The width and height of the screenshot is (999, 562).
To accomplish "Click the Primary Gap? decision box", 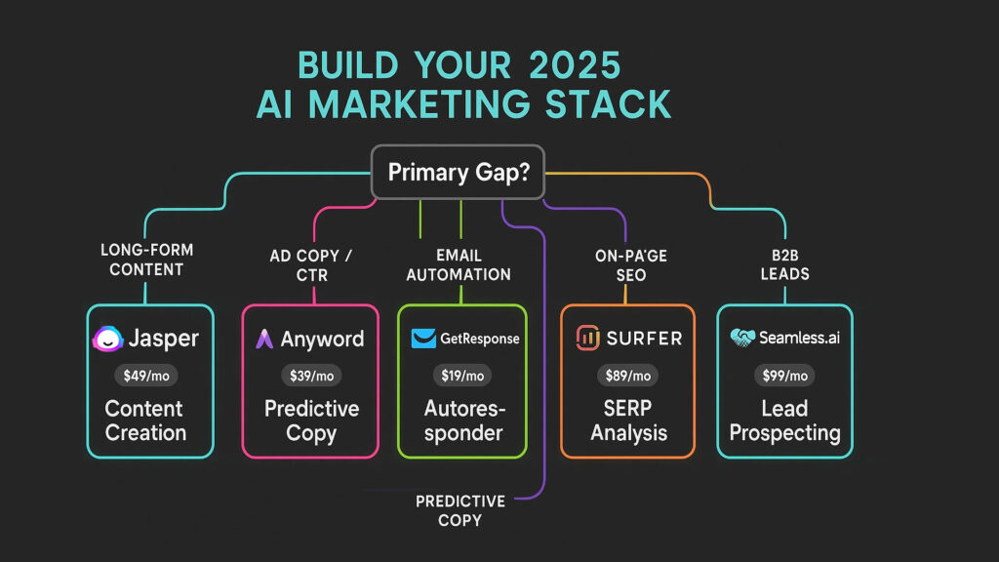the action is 458,172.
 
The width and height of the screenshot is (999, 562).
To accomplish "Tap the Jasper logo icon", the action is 107,339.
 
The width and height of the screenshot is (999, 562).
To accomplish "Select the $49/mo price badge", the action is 146,376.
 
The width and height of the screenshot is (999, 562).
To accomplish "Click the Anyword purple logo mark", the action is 264,339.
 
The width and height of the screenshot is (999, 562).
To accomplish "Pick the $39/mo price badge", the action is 311,376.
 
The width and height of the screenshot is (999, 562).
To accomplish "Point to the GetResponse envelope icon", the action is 423,339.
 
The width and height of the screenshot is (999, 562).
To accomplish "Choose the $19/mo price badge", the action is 462,376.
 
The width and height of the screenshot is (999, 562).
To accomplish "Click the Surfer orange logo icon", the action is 587,338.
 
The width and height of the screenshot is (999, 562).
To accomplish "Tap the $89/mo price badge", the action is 627,376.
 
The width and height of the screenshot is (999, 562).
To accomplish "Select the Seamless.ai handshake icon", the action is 742,337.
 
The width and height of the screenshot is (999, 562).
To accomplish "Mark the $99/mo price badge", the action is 785,376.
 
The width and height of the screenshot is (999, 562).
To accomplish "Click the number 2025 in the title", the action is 575,65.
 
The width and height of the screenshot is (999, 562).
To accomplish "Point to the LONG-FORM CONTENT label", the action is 146,260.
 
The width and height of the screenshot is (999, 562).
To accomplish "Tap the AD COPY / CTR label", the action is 311,265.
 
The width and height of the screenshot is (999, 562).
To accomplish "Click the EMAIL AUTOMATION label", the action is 459,265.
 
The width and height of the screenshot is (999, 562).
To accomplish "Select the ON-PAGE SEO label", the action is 631,265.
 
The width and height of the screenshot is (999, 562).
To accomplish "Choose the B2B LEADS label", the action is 785,264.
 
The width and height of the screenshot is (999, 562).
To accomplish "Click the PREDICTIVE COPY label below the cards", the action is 460,510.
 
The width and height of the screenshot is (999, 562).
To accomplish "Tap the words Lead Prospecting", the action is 785,421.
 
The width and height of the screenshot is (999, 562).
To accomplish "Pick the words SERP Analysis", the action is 628,421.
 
